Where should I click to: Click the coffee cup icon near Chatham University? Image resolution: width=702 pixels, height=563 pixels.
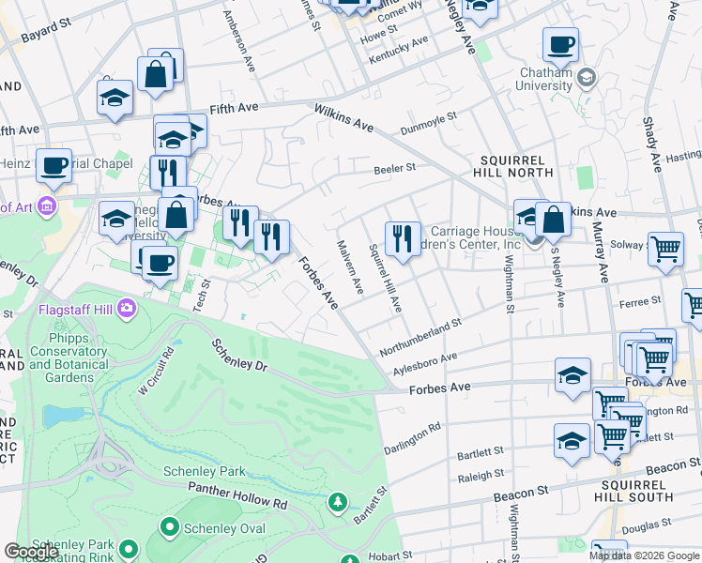(x=560, y=44)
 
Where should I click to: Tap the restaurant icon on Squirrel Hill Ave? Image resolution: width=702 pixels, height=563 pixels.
(x=403, y=238)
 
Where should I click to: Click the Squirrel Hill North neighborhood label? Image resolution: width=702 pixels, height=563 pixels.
(x=519, y=169)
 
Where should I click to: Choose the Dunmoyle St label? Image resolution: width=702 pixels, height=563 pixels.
(x=428, y=123)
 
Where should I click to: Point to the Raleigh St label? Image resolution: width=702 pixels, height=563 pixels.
(x=481, y=476)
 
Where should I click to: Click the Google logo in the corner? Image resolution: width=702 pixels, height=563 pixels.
(x=31, y=551)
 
